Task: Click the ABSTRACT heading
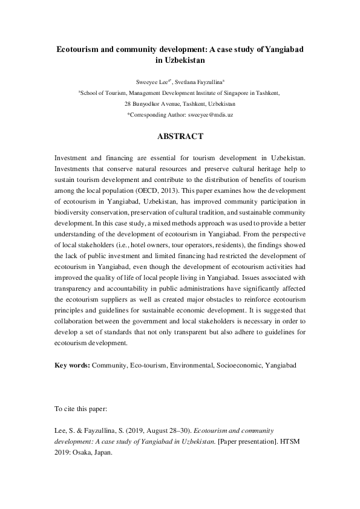(x=180, y=137)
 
